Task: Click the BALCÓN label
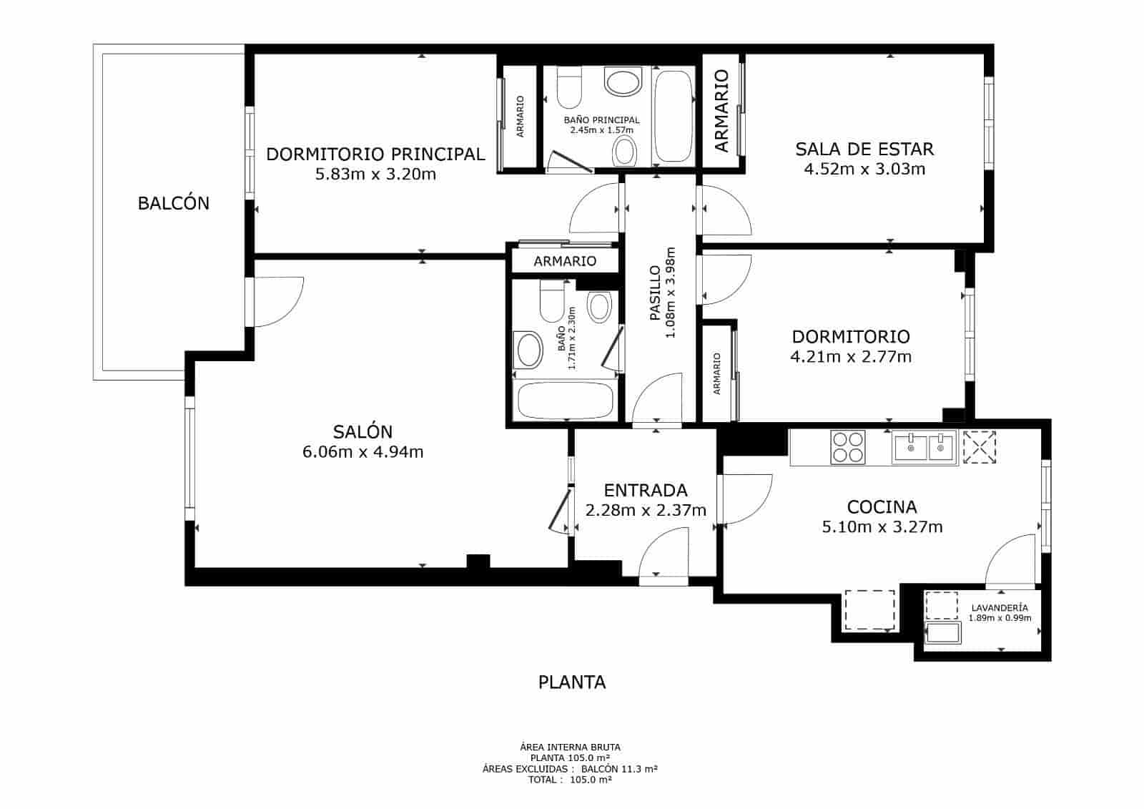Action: (174, 203)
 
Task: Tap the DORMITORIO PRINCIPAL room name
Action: (375, 154)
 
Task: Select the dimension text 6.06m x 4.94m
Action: (363, 452)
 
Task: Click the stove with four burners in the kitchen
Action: (848, 447)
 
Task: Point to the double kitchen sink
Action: (924, 447)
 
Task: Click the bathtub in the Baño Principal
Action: (674, 116)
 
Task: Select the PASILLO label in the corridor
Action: (655, 293)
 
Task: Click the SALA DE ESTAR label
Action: (864, 149)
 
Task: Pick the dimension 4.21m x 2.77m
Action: (851, 356)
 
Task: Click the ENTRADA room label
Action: (646, 490)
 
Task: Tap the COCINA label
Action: (882, 507)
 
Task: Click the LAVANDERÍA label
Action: (1000, 607)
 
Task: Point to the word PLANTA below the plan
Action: (572, 682)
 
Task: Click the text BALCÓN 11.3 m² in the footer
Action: (619, 769)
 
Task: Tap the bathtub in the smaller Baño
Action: (565, 401)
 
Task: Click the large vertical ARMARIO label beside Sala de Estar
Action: (721, 110)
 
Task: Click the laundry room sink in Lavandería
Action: (944, 634)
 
